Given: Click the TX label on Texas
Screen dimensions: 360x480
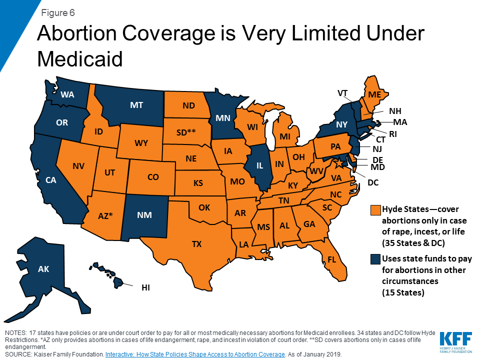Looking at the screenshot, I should click(x=196, y=244).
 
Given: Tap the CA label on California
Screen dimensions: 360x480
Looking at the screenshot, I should click(x=50, y=180).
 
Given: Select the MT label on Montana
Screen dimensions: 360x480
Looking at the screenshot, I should click(x=136, y=105).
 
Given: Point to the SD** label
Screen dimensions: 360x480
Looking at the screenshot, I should click(x=186, y=132).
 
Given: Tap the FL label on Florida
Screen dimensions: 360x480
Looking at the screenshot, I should click(x=332, y=259).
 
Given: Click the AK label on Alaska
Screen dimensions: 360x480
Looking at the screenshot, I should click(x=43, y=269).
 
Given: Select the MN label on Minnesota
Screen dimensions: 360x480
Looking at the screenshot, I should click(x=222, y=118).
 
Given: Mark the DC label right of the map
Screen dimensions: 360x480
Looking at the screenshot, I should click(x=373, y=183).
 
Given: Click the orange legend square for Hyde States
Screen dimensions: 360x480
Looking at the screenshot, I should click(x=374, y=208).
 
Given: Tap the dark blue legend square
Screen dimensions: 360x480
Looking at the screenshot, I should click(x=374, y=259).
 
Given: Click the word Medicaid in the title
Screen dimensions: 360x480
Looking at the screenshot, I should click(x=80, y=59).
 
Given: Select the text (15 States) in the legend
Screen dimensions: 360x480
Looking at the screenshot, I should click(x=403, y=292).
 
